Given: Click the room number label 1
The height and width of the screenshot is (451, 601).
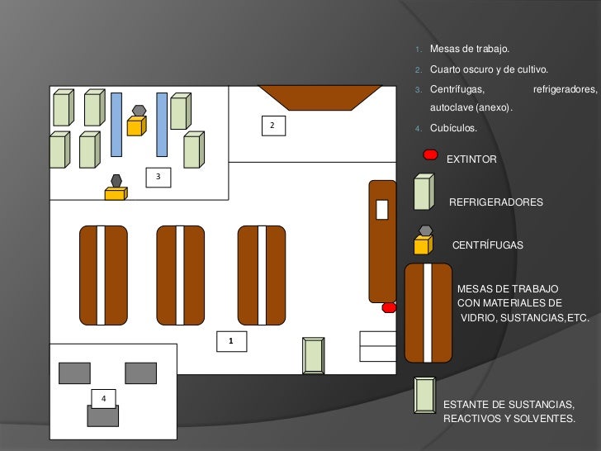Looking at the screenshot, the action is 231,340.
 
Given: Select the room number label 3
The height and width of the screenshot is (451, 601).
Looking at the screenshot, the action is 159,177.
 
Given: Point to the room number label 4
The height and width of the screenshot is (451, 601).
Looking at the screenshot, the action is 103,398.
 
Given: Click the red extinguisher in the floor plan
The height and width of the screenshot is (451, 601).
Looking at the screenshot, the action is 389,308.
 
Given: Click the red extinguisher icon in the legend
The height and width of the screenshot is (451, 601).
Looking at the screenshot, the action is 430,154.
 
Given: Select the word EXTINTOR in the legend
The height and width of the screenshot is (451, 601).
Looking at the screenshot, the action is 471,159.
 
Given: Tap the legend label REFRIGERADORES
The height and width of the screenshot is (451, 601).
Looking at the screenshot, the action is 495,202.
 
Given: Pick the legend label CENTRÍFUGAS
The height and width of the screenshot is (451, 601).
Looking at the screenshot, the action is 487,246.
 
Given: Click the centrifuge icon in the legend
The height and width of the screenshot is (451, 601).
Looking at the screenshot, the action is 423,240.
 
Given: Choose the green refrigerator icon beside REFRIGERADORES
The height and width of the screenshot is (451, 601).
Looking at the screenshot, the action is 423,192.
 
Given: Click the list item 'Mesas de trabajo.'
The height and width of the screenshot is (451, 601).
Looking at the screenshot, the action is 475,50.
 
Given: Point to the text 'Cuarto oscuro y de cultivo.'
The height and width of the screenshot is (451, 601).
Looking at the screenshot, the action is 489,69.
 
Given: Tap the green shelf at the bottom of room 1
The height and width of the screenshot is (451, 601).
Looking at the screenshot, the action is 314,355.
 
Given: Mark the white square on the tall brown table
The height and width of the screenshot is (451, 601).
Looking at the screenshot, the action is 381,210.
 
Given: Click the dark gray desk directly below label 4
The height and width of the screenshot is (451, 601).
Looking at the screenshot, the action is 102,415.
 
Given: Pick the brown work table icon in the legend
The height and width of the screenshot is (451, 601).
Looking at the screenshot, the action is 428,312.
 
